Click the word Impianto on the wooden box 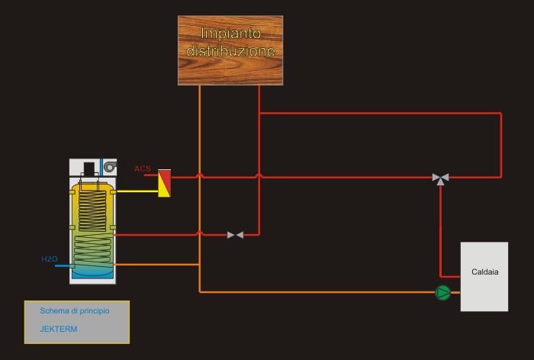(230, 34)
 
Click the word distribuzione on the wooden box (230, 53)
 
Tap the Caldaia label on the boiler (484, 272)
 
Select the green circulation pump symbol (442, 292)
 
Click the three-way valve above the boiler (440, 178)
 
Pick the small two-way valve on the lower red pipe (235, 235)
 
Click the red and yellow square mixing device (164, 184)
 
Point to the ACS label (143, 169)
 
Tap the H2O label (49, 259)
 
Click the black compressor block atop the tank (89, 169)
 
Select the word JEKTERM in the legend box (59, 329)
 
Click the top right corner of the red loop (501, 114)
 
